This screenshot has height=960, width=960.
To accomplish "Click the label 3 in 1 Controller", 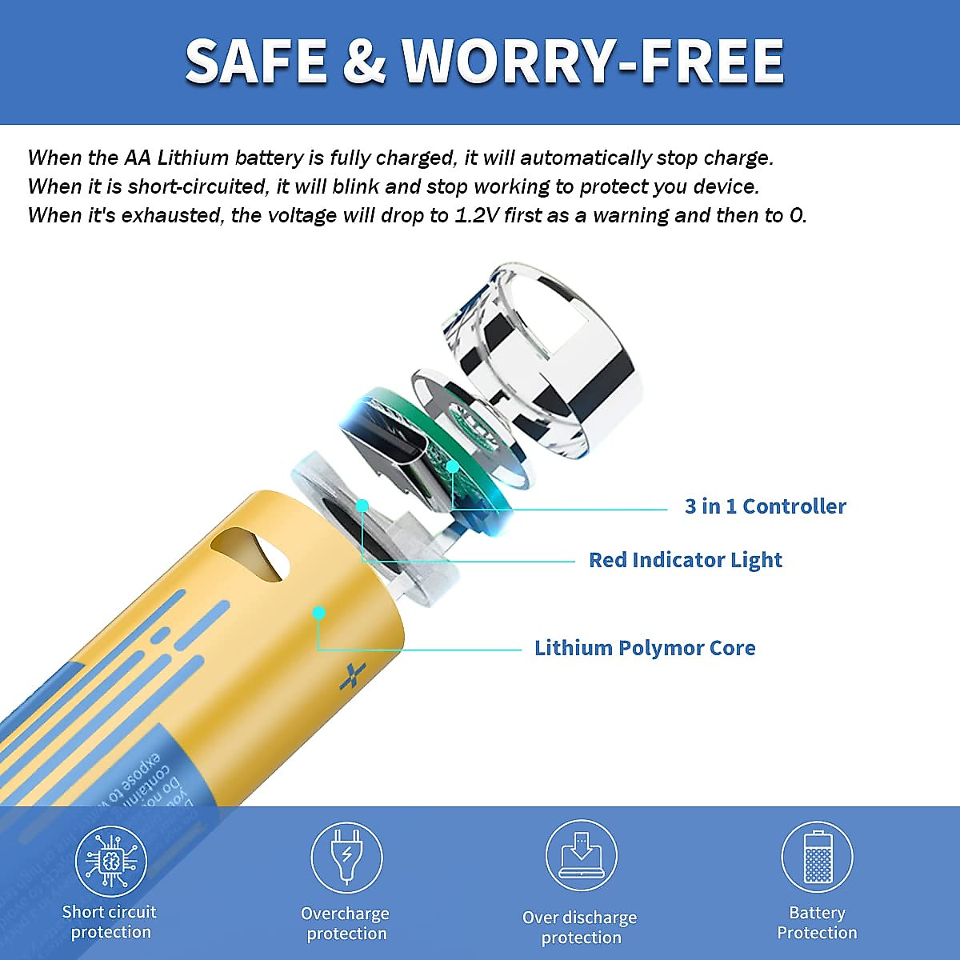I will (x=765, y=506).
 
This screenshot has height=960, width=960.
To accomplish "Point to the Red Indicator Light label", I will (x=685, y=560).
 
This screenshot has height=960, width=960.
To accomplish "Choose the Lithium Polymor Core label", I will (x=645, y=648).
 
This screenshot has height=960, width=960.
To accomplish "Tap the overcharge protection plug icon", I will (x=346, y=857).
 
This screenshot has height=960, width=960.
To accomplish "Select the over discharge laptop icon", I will (x=581, y=855).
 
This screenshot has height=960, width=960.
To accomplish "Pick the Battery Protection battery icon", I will (x=816, y=857).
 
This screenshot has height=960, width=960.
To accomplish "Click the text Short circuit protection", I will (x=110, y=922).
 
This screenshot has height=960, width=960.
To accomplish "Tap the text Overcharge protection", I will (x=346, y=924).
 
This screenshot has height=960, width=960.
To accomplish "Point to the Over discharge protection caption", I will (x=580, y=928).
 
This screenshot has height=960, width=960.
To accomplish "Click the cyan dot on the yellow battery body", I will (x=319, y=614).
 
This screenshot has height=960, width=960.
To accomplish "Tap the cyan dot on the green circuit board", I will (x=453, y=466).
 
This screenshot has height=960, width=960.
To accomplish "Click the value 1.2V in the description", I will (x=478, y=216).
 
